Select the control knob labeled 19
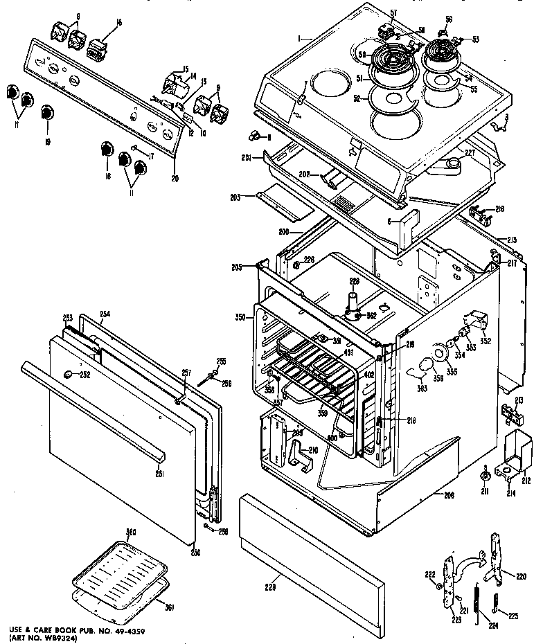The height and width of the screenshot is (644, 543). (47, 113)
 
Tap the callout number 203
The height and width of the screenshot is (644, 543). (235, 198)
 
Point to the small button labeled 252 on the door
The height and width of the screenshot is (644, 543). (68, 375)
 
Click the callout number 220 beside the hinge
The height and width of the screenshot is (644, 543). (522, 575)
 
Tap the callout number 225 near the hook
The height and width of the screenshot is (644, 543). (513, 614)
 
